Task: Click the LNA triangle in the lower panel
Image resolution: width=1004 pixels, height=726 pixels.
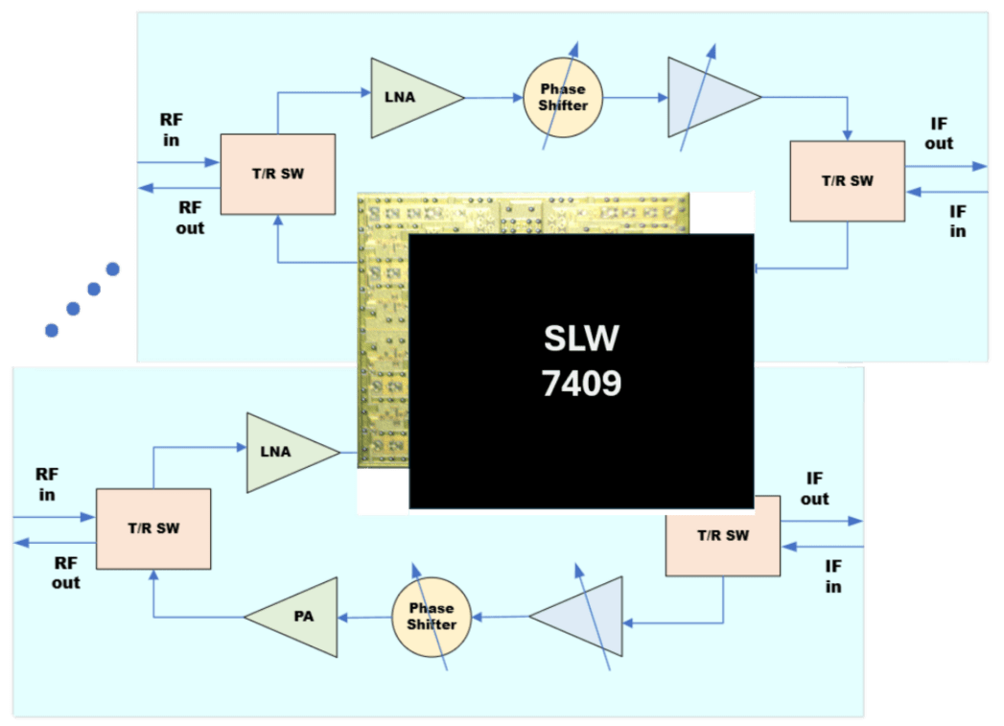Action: tap(284, 452)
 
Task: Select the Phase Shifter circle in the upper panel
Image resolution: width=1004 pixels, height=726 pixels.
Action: tap(563, 97)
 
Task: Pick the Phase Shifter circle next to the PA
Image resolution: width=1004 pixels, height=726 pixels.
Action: tap(432, 617)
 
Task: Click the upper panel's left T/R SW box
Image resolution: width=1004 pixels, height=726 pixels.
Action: tap(278, 174)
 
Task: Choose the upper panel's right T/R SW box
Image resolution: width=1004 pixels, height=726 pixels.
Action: tap(847, 180)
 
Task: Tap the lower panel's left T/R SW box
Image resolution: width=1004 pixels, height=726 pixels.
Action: tap(153, 528)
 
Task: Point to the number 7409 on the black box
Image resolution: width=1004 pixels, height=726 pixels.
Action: tap(582, 384)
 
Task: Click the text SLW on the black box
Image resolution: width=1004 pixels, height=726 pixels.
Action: tap(582, 339)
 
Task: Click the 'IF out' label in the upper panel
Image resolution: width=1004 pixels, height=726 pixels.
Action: tap(939, 133)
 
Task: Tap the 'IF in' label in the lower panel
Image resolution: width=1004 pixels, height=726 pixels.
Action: tap(833, 576)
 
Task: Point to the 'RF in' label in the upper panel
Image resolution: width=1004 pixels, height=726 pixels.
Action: tap(172, 129)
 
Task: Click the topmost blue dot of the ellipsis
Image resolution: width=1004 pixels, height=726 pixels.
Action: tap(113, 269)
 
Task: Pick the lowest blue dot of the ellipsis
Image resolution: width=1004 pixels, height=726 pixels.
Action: tap(52, 330)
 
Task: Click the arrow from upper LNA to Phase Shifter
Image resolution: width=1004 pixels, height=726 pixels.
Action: tap(494, 97)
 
